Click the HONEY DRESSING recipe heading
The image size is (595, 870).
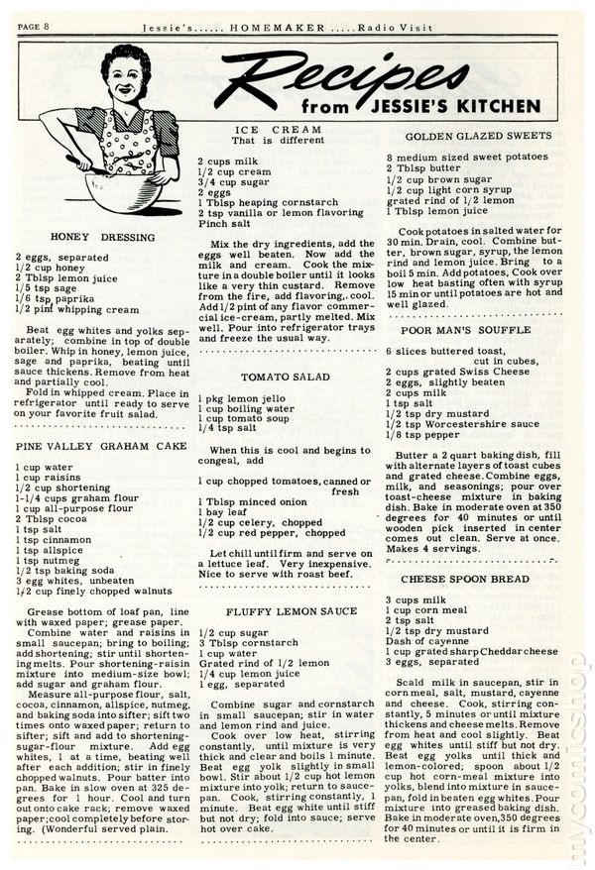pyautogui.click(x=102, y=238)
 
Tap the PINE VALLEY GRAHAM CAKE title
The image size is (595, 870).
pyautogui.click(x=102, y=447)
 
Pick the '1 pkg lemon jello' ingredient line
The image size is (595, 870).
pyautogui.click(x=239, y=396)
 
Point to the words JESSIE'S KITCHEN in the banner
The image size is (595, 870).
pyautogui.click(x=478, y=102)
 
